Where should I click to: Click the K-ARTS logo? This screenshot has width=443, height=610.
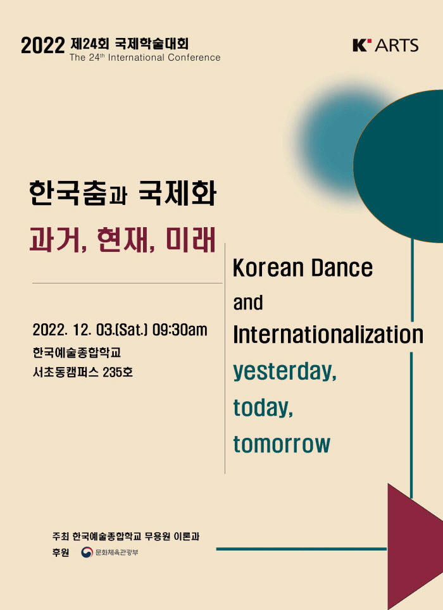(385, 45)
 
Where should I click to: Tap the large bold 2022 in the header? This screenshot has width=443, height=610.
(43, 46)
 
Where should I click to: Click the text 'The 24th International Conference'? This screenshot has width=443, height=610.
(145, 58)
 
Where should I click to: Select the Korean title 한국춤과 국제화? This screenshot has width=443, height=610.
(123, 193)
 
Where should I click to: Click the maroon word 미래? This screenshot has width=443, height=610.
(190, 239)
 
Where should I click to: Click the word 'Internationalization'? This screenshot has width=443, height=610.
(328, 335)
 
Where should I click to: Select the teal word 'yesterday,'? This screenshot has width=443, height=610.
(285, 372)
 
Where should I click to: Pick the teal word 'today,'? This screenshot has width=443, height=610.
(263, 408)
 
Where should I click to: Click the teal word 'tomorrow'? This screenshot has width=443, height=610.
(282, 444)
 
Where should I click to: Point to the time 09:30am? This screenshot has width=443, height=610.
(180, 330)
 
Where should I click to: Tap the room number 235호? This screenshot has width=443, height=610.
(118, 372)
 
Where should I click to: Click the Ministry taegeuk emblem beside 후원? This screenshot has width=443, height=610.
(87, 552)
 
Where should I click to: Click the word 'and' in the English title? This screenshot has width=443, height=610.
(247, 302)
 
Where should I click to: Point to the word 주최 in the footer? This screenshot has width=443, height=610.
(60, 536)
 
